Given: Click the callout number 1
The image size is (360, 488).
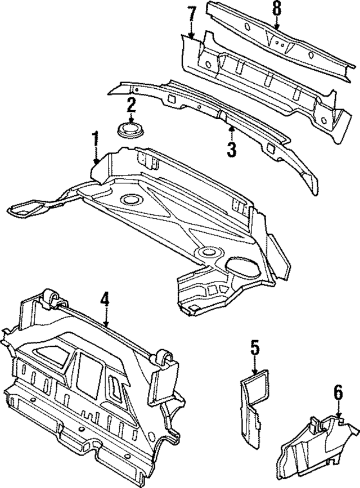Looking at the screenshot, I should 96,139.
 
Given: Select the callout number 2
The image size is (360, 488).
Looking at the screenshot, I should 131,105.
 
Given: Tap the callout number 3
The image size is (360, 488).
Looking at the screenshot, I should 231,149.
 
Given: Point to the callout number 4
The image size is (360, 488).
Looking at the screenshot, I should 105,300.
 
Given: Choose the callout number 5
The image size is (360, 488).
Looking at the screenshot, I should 255,349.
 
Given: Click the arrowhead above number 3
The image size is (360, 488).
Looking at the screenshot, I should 231,130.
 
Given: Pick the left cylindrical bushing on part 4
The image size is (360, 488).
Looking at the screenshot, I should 51,299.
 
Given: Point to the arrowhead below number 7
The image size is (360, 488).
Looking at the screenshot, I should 191,36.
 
